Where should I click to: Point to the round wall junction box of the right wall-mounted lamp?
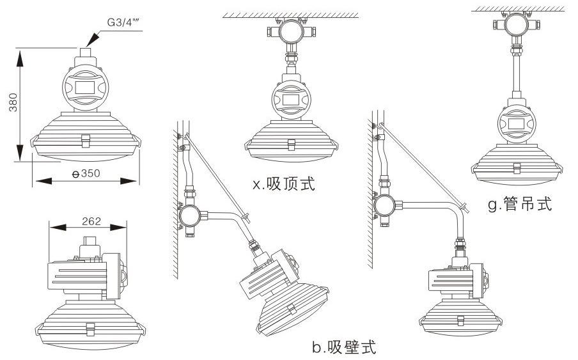click(384, 205)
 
